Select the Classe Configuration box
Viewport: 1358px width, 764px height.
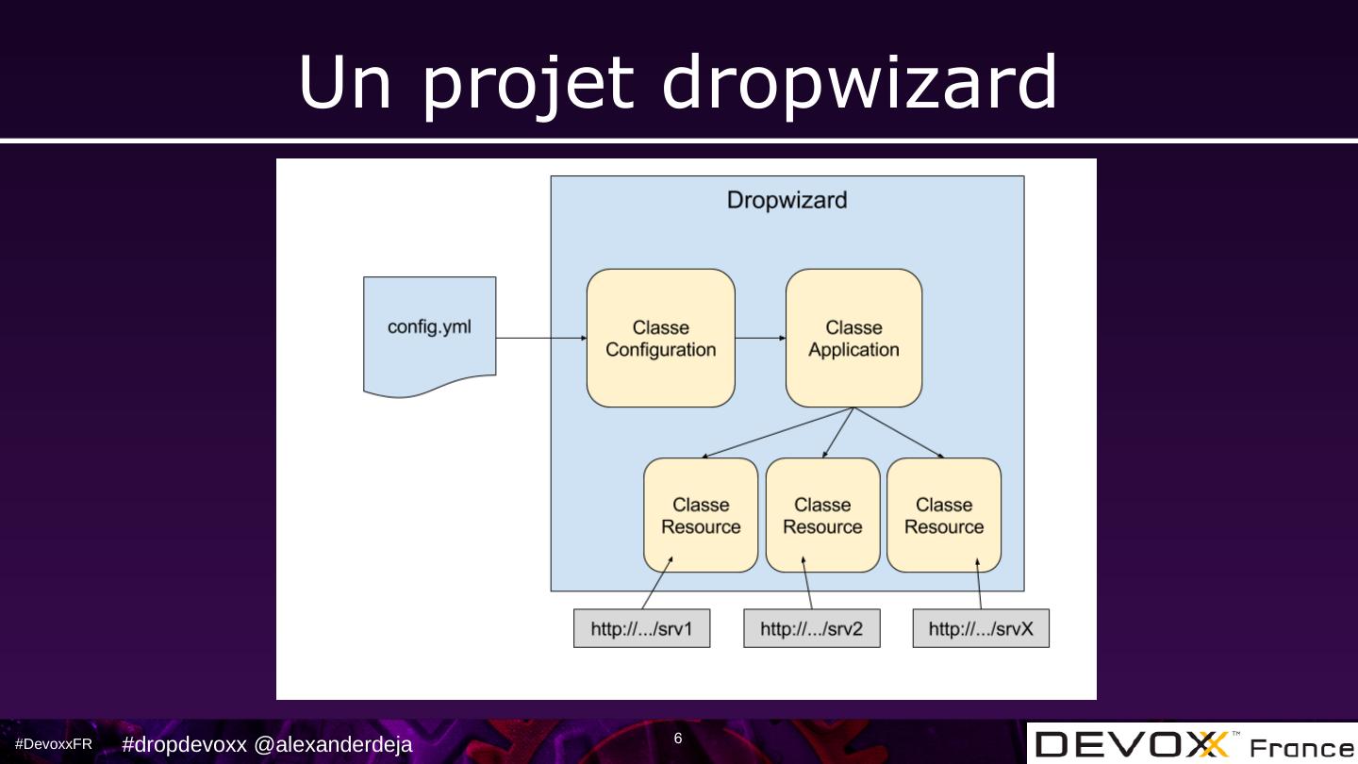pyautogui.click(x=660, y=339)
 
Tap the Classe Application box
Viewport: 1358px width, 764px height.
pyautogui.click(x=853, y=339)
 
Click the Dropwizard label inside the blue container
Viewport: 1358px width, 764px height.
pyautogui.click(x=787, y=200)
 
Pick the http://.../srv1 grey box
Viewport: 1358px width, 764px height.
pyautogui.click(x=641, y=629)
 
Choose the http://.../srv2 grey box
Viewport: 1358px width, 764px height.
pyautogui.click(x=811, y=629)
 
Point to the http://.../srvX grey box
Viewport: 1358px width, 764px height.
pyautogui.click(x=981, y=629)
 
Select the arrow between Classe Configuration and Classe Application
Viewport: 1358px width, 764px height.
pyautogui.click(x=760, y=338)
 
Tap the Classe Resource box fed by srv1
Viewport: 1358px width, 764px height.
pyautogui.click(x=701, y=516)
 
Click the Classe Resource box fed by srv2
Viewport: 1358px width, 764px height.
pyautogui.click(x=822, y=516)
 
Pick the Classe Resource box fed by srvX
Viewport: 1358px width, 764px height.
pyautogui.click(x=944, y=516)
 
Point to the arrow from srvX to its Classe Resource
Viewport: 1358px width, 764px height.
pyautogui.click(x=979, y=585)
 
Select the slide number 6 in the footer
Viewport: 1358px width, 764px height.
pyautogui.click(x=678, y=739)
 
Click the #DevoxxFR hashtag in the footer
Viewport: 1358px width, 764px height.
pyautogui.click(x=54, y=744)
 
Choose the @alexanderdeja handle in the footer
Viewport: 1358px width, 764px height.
pyautogui.click(x=333, y=745)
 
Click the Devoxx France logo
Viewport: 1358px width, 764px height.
pyautogui.click(x=1192, y=745)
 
